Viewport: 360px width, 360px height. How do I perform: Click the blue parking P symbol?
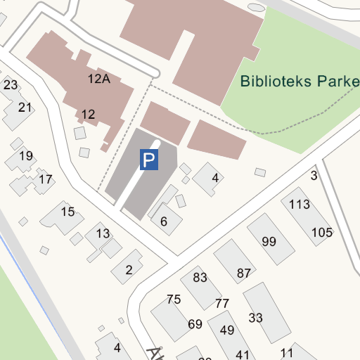point(148,160)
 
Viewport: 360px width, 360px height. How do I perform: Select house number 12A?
point(99,79)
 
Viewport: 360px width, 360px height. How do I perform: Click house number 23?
point(11,85)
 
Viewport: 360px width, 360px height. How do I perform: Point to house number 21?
point(25,108)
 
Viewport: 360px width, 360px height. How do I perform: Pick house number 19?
point(26,156)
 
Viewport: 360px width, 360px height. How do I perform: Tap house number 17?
point(45,179)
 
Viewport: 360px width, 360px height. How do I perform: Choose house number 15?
point(67,212)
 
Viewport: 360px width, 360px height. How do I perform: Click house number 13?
point(103,233)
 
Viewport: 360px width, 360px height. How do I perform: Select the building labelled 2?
point(129,270)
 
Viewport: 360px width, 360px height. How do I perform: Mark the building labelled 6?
point(164,221)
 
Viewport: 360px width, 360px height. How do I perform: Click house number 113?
point(300,205)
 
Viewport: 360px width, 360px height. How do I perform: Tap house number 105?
point(321,233)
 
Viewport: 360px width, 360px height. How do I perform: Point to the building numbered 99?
point(269,241)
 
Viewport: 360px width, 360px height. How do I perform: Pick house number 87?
point(244,273)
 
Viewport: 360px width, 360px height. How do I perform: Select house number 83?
point(200,278)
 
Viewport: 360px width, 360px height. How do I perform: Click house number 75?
point(174,300)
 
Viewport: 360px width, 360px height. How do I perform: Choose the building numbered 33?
point(255,318)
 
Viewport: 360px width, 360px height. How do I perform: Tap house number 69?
point(195,324)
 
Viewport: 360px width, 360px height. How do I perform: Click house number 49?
point(226,330)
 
